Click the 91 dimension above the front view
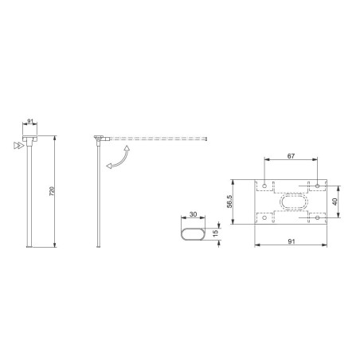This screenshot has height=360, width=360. point(29,122)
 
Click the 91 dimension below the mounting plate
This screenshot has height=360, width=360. point(292,241)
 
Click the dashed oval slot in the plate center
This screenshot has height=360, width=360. point(291,200)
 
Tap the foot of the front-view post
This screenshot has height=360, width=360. point(29,247)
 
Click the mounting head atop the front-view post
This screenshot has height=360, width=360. point(29,140)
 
